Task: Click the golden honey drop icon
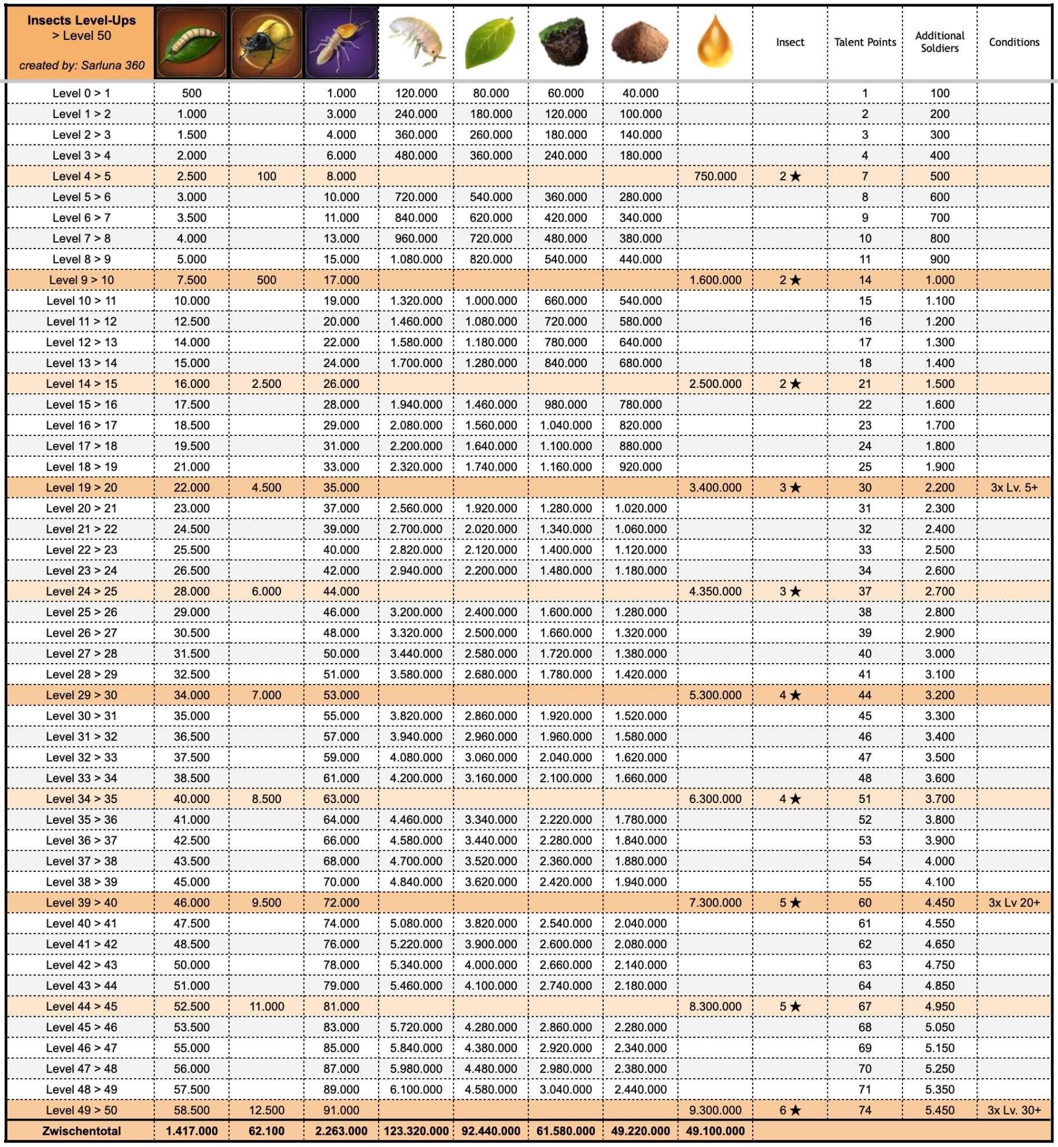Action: [715, 42]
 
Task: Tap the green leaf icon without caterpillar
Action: [491, 42]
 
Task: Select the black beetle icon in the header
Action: [266, 42]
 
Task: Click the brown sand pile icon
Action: [640, 42]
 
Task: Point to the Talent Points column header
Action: [865, 42]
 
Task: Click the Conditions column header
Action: [1014, 42]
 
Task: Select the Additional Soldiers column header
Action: [939, 42]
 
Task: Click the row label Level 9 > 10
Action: [82, 280]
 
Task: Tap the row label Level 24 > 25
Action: [82, 591]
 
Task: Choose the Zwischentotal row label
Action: [82, 1131]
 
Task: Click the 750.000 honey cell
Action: [715, 176]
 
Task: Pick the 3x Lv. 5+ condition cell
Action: [1014, 487]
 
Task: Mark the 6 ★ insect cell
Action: [790, 1110]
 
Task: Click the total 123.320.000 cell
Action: [416, 1131]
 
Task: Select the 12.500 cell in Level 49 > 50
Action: [267, 1110]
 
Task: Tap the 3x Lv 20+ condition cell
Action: [1014, 902]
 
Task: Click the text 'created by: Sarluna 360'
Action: [82, 65]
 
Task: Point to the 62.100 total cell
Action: [267, 1131]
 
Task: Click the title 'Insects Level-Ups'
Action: [82, 20]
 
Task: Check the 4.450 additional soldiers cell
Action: [939, 902]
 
